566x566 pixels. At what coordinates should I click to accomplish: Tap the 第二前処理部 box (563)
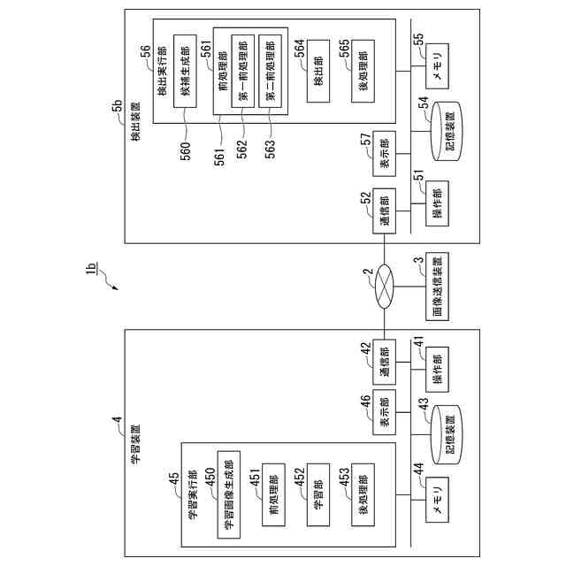click(x=271, y=71)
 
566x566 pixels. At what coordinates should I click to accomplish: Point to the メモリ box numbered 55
click(x=438, y=65)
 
